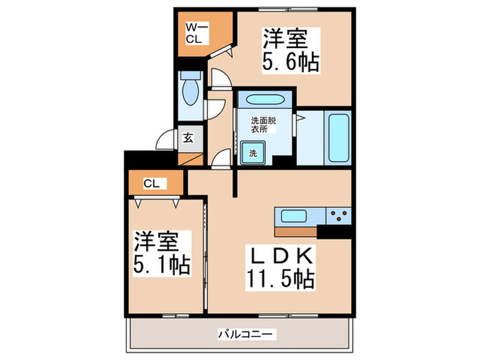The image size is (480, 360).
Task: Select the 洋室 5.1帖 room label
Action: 162,252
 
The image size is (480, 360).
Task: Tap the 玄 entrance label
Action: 188,137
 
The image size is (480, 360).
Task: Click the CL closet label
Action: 152,183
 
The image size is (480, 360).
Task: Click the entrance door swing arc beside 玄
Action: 166,139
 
